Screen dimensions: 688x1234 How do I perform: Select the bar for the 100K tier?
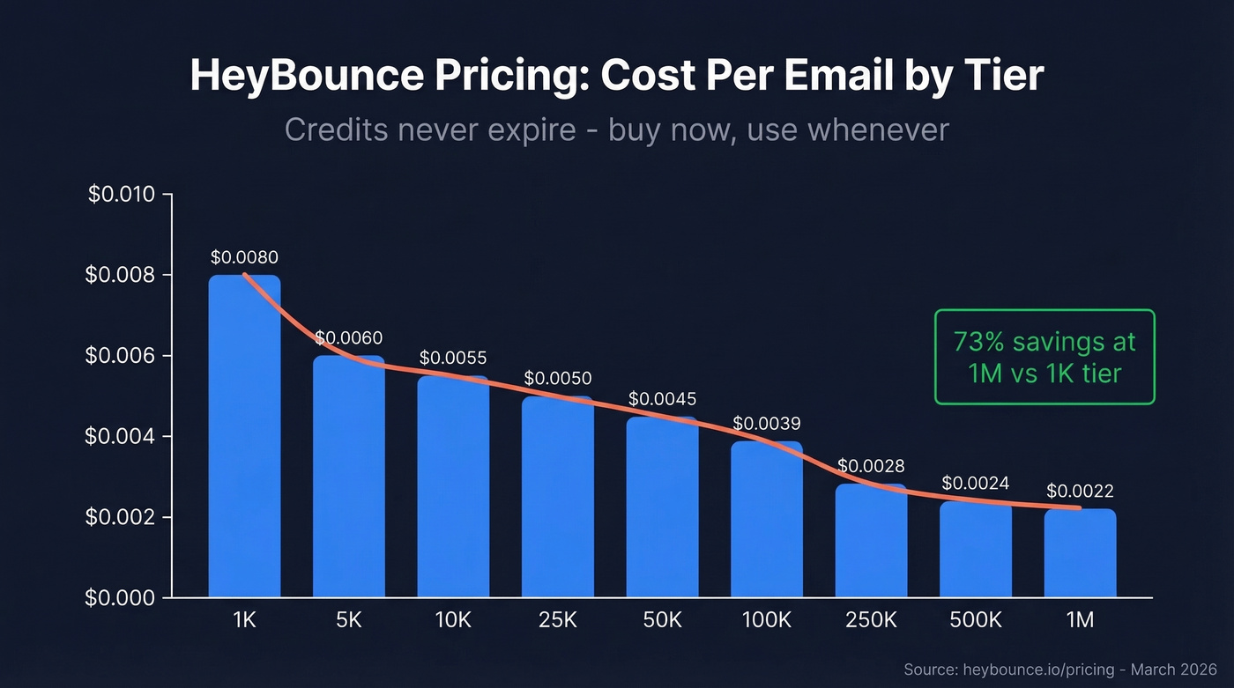coord(767,520)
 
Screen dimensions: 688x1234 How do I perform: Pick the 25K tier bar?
coord(558,498)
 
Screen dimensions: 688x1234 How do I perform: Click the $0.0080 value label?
coord(244,258)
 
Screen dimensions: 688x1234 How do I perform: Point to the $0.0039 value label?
coord(767,424)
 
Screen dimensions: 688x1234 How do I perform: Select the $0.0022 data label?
coord(1080,492)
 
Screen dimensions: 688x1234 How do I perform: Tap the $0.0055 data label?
coord(453,359)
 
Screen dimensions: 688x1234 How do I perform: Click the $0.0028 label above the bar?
coord(871,466)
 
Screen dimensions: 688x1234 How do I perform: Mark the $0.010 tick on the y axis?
coord(122,195)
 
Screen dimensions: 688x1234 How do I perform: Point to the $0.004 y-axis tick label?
coord(122,437)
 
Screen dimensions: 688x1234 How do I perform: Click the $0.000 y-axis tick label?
coord(122,598)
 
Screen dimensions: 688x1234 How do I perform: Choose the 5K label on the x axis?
coord(349,620)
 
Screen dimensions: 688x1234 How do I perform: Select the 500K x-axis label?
coord(976,620)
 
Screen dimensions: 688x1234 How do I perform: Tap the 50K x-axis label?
coord(662,620)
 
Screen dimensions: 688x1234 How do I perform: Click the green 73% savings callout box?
coord(1044,357)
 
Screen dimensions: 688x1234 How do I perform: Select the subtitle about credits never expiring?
coord(616,130)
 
